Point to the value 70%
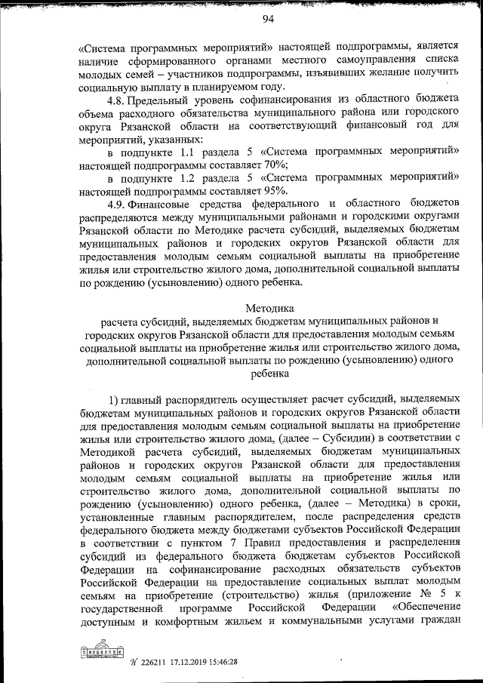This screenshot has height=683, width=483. click(x=285, y=165)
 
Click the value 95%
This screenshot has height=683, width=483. click(x=285, y=191)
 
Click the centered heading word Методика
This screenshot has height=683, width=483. click(x=268, y=308)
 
